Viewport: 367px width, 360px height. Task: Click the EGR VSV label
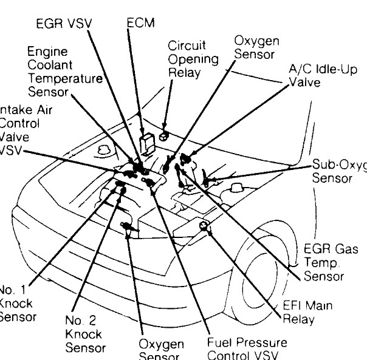pos(61,25)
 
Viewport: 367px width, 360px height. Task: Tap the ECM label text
pos(140,23)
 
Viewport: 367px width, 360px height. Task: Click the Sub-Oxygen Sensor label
pos(338,171)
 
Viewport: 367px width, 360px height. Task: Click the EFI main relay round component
pos(204,228)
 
